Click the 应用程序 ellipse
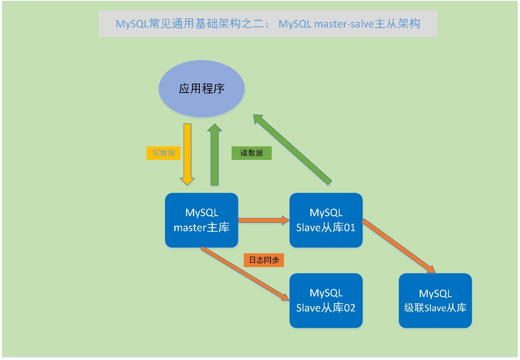pos(201,88)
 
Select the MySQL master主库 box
pos(201,220)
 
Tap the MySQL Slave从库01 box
pos(326,220)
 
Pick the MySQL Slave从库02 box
pos(326,301)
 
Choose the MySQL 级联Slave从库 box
pos(435,301)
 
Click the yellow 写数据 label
pos(163,153)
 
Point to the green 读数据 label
pos(251,153)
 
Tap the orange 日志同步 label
pos(264,260)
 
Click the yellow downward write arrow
pos(187,154)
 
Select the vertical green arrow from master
pos(214,154)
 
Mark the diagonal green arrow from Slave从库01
pos(292,150)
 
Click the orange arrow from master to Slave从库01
pos(264,220)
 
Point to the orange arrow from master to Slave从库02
pos(245,274)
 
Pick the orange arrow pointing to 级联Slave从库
pos(399,246)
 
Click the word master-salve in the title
pos(344,24)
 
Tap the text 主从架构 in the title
pos(397,24)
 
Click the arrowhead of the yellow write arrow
pos(187,181)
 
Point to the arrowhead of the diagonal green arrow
pos(258,119)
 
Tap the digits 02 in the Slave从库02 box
pos(350,308)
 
